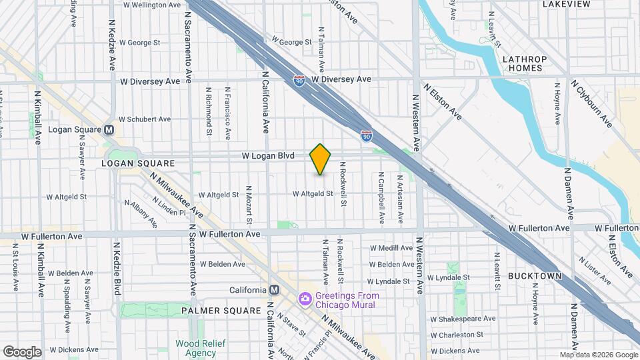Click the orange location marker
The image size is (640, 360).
(321, 159)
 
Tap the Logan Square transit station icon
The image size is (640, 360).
(109, 129)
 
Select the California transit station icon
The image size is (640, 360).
(273, 290)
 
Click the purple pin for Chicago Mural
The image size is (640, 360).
(305, 298)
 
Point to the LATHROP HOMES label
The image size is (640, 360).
(524, 64)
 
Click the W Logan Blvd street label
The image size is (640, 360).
(267, 155)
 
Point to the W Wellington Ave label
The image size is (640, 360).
(152, 5)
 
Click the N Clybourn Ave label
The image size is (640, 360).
(591, 103)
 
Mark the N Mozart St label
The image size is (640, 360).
(249, 204)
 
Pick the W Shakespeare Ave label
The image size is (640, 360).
(463, 318)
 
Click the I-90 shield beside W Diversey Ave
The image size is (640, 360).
(299, 80)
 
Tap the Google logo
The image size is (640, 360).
(22, 351)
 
